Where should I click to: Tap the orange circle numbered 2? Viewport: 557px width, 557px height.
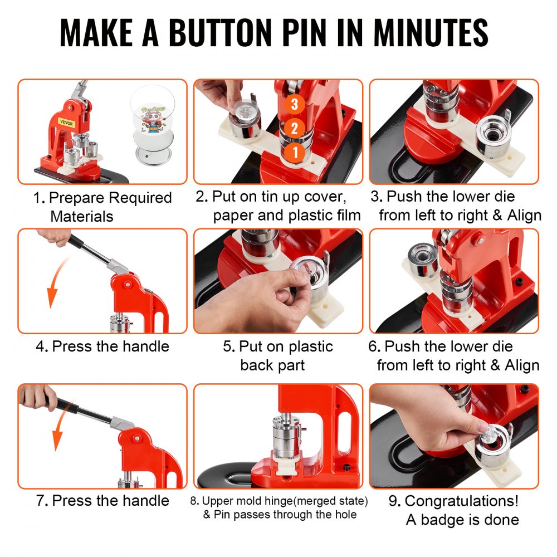(x=296, y=127)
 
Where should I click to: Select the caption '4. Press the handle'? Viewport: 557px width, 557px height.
(x=102, y=346)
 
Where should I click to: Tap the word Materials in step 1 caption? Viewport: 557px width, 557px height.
(x=82, y=216)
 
